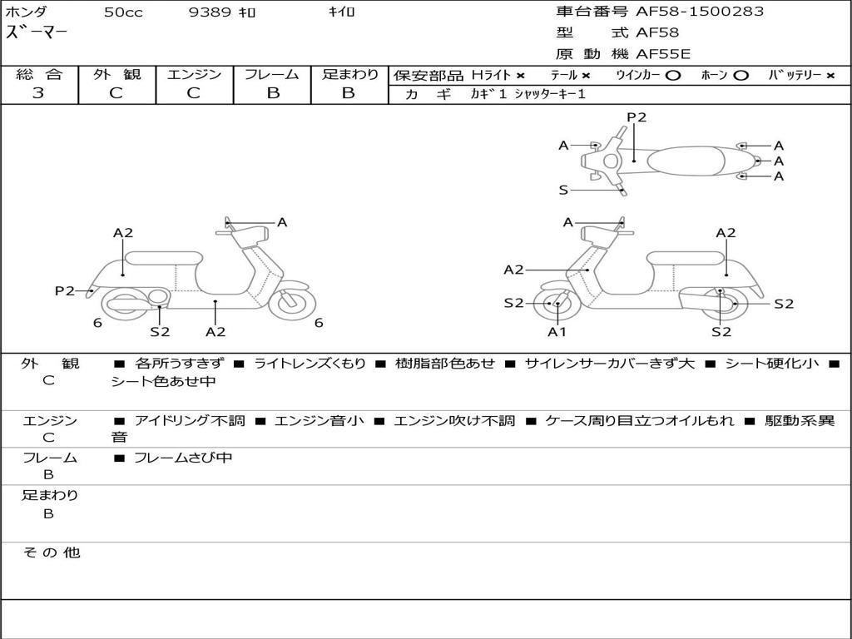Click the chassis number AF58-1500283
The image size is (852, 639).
[699, 12]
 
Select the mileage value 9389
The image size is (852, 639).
[210, 12]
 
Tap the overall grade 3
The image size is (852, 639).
[38, 93]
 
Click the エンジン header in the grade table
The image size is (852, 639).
[194, 74]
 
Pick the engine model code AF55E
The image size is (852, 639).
[663, 54]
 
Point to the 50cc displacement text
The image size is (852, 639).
[123, 12]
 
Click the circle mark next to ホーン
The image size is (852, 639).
[740, 76]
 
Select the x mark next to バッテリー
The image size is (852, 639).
[830, 76]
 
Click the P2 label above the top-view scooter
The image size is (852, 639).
[637, 116]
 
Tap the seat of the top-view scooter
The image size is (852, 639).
[686, 161]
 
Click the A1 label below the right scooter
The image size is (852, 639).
[557, 331]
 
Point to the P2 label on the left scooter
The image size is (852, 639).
[65, 290]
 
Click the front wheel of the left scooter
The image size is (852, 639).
[292, 303]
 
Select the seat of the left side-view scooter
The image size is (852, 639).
[164, 258]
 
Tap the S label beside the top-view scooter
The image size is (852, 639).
[563, 191]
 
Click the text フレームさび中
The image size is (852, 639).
[183, 458]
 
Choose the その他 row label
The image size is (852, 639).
[51, 552]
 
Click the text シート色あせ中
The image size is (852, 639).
[163, 381]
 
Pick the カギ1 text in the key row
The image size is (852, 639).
[488, 94]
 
